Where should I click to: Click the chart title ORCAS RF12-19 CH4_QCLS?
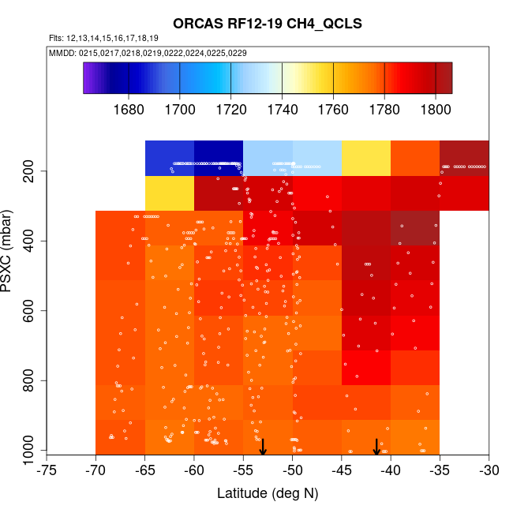(267, 24)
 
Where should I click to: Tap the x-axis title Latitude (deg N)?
(268, 493)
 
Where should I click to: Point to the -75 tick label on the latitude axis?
(47, 470)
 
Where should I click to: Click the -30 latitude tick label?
(489, 470)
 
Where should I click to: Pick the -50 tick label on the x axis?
(292, 470)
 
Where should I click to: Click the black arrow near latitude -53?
(263, 447)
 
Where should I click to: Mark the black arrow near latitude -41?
(376, 447)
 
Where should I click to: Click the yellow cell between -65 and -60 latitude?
(170, 193)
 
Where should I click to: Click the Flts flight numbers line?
(103, 38)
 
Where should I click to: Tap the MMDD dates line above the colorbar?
(147, 53)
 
